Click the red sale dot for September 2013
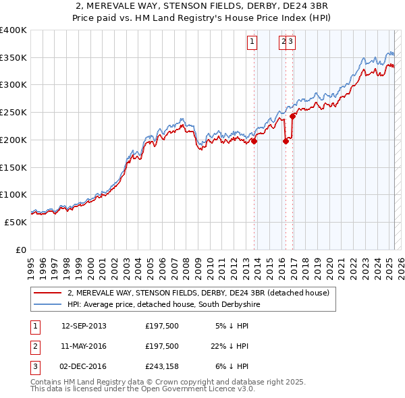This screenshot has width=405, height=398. pos(254,141)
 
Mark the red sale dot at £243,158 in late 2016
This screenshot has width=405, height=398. pos(293,116)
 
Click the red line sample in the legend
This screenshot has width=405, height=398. pos(48,293)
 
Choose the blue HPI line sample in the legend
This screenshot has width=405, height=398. pos(48,305)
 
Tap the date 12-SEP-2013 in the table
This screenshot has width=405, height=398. pos(84,326)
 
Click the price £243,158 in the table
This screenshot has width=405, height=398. pos(162,366)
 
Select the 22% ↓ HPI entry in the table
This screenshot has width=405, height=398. pos(230,346)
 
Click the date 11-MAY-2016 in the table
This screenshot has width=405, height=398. pos(84,346)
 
